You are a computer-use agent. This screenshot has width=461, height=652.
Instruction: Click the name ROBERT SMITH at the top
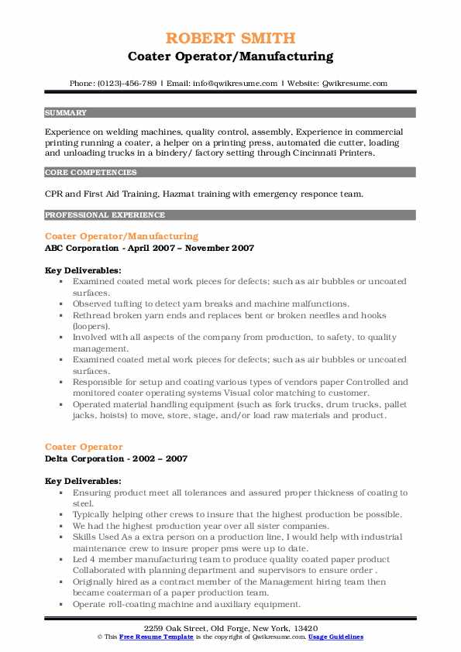click(x=230, y=39)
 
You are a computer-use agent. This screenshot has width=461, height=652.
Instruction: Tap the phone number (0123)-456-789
click(x=129, y=84)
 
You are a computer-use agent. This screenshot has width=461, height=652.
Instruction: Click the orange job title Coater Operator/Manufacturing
click(x=122, y=236)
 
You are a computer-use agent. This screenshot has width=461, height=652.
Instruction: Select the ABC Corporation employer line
click(x=150, y=248)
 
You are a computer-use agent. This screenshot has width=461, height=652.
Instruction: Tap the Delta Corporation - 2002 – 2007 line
click(x=116, y=458)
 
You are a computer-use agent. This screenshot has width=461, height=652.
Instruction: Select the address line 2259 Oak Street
click(x=230, y=626)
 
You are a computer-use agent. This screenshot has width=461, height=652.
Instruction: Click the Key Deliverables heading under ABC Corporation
click(x=83, y=270)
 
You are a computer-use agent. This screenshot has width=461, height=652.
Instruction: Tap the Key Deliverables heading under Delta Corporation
click(x=83, y=481)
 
